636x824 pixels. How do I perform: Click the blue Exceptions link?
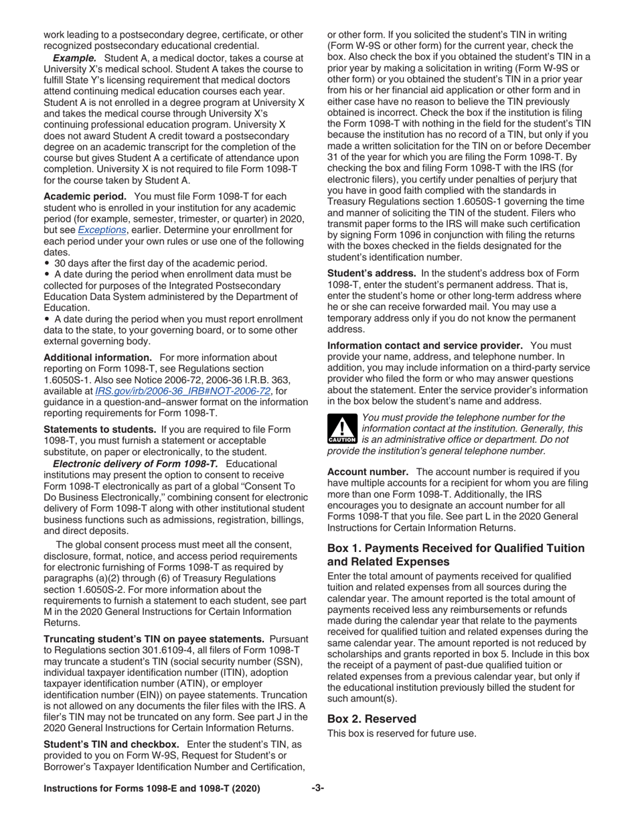click(x=102, y=230)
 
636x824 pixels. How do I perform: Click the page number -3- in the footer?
click(x=317, y=788)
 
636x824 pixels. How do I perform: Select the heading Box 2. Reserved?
click(x=372, y=719)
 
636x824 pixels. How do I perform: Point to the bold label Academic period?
click(x=85, y=196)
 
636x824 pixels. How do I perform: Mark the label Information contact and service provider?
click(x=424, y=345)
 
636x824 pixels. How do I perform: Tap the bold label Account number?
click(x=368, y=472)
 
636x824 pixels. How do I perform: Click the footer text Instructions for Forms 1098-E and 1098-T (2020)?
click(x=152, y=788)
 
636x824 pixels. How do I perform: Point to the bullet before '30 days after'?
click(x=47, y=263)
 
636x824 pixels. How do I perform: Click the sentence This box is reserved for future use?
click(x=402, y=734)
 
